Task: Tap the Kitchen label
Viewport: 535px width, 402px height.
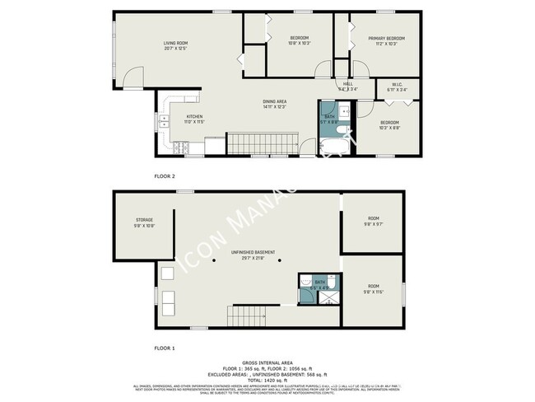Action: click(194, 116)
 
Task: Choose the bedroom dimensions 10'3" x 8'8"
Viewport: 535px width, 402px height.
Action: click(389, 127)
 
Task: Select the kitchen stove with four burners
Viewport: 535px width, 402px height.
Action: click(180, 147)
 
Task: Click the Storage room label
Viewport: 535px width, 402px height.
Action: click(144, 220)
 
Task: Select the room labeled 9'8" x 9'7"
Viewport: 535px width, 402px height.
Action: click(373, 220)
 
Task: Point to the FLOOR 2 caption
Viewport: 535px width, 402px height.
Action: click(165, 176)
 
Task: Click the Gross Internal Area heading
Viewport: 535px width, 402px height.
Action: click(267, 362)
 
